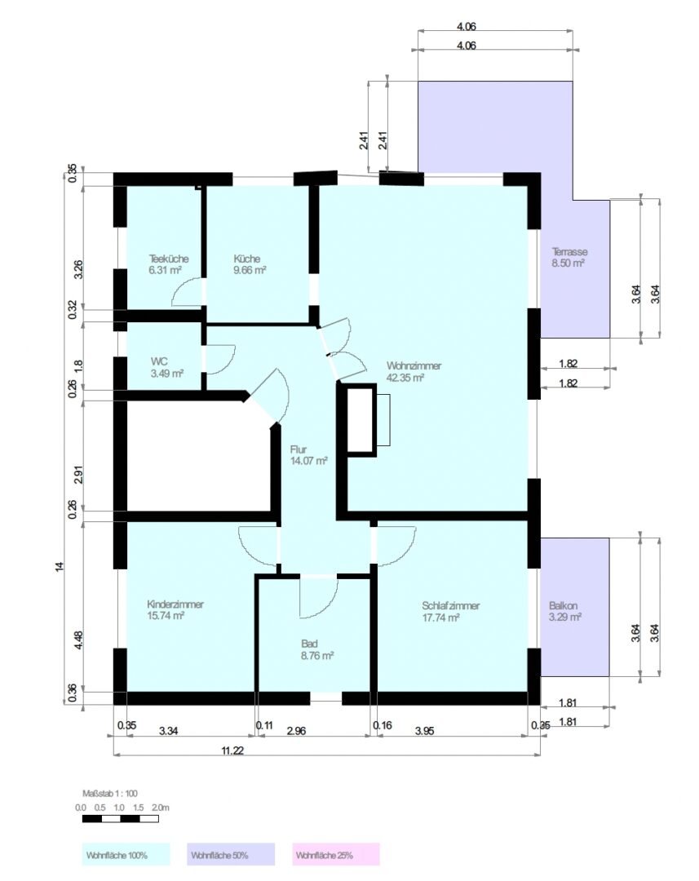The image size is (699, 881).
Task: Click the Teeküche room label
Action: [169, 259]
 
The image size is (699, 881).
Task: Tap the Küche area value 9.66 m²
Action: [250, 270]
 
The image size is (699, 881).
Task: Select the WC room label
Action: [159, 362]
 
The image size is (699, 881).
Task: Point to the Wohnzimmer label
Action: [414, 365]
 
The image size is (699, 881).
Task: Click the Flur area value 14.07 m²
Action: [308, 461]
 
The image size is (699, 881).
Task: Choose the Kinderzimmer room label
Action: [175, 604]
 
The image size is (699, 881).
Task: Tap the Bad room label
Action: [309, 644]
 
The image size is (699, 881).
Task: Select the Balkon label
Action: [563, 606]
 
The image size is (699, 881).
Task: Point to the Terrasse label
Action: [570, 252]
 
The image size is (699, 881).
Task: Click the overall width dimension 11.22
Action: [232, 750]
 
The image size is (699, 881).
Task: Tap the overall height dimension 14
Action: [60, 566]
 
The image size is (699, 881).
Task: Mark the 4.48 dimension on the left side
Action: [78, 640]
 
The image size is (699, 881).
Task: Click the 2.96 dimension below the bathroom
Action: [296, 731]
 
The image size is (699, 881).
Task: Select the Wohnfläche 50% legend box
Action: [231, 854]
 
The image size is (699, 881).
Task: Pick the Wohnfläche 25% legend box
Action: [336, 854]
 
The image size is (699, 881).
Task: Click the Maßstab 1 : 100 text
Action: [110, 794]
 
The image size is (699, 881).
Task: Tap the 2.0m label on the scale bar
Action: [160, 808]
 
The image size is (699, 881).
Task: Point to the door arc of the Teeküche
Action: [181, 287]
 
